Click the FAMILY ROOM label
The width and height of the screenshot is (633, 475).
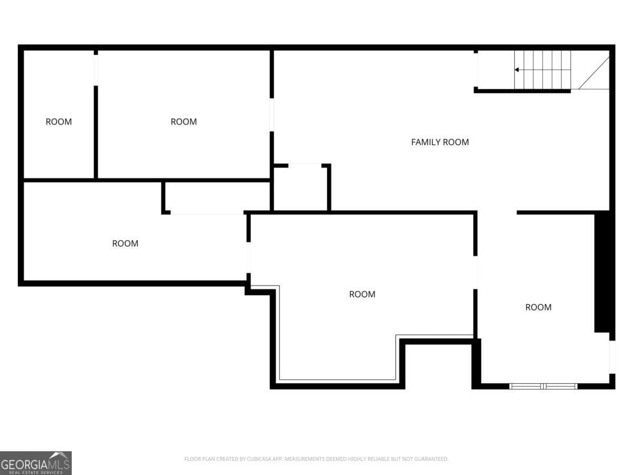439,142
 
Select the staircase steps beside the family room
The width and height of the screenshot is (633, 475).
543,70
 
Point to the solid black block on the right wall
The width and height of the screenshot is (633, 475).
602,272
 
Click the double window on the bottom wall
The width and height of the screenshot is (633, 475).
543,386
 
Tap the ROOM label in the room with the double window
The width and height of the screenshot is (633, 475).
538,307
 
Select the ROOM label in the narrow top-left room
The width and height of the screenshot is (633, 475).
59,122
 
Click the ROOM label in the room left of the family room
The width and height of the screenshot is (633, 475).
184,122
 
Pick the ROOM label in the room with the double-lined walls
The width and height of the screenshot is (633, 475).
362,294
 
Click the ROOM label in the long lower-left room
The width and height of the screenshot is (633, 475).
125,243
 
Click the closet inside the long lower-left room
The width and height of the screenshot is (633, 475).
216,197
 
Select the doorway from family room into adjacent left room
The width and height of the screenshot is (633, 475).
272,115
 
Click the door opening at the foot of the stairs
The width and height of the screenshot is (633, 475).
476,70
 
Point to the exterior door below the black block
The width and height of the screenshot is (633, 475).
612,357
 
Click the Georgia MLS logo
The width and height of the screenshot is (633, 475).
35,463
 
